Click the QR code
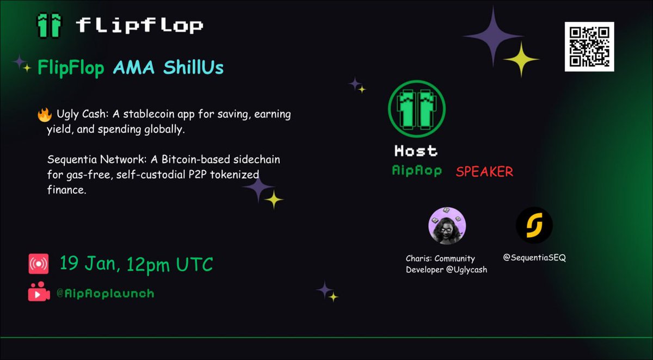[x=589, y=47]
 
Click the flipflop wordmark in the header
[x=139, y=25]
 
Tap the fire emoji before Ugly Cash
[x=45, y=115]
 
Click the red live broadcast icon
[x=39, y=264]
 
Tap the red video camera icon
[x=39, y=293]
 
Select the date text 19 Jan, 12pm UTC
[x=136, y=264]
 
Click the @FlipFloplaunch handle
[x=105, y=294]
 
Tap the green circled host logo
[x=416, y=109]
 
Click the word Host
[x=416, y=150]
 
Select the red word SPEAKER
[x=484, y=172]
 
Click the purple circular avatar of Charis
[x=447, y=226]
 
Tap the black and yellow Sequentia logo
[x=534, y=225]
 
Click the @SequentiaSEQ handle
[x=534, y=258]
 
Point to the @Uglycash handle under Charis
[x=466, y=270]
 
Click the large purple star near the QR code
[x=493, y=36]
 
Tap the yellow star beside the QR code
[x=521, y=59]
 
